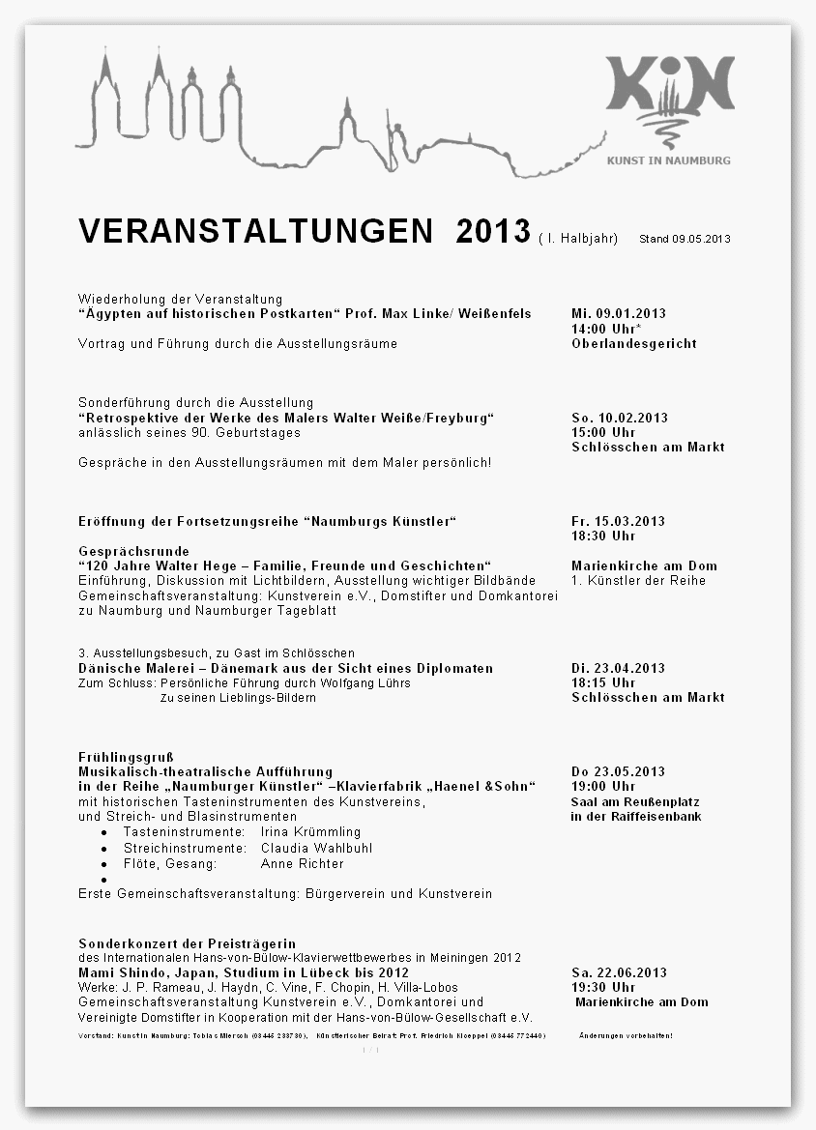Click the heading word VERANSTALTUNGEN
(x=256, y=232)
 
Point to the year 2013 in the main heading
(x=493, y=232)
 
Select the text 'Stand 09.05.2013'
(x=685, y=239)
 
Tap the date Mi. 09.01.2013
(x=619, y=313)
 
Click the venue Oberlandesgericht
(x=633, y=343)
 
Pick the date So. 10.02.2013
(x=620, y=418)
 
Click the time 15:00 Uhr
(x=603, y=432)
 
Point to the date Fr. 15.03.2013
(x=618, y=521)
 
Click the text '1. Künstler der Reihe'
(x=638, y=580)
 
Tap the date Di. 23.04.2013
(x=618, y=668)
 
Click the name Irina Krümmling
(x=310, y=831)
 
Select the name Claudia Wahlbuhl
(x=316, y=848)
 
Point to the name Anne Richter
(x=302, y=863)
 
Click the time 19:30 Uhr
(x=603, y=987)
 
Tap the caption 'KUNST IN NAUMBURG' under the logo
(x=669, y=160)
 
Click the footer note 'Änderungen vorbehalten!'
(x=626, y=1035)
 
